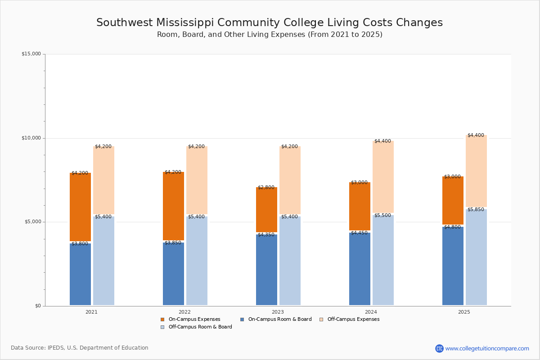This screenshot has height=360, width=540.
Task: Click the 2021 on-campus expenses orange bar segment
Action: click(80, 207)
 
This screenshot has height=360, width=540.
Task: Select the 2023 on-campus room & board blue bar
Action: click(266, 270)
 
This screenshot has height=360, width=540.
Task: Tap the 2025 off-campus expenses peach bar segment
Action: click(476, 171)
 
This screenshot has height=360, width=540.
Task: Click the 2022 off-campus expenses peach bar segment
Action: click(197, 180)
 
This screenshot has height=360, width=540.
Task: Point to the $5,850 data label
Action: click(476, 210)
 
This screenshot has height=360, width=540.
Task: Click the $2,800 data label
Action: click(266, 188)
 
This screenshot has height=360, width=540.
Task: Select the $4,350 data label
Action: click(266, 235)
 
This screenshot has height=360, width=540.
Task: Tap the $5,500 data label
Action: click(382, 216)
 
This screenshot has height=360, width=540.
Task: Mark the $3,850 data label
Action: click(173, 243)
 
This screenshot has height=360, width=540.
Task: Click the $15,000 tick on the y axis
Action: click(31, 54)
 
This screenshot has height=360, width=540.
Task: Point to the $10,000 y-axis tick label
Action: click(31, 138)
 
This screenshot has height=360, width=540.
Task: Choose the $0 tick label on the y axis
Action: click(38, 306)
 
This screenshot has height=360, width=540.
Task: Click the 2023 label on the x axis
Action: click(278, 312)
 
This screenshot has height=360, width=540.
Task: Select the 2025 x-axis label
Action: click(464, 312)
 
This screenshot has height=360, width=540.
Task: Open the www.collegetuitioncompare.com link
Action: click(487, 348)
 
